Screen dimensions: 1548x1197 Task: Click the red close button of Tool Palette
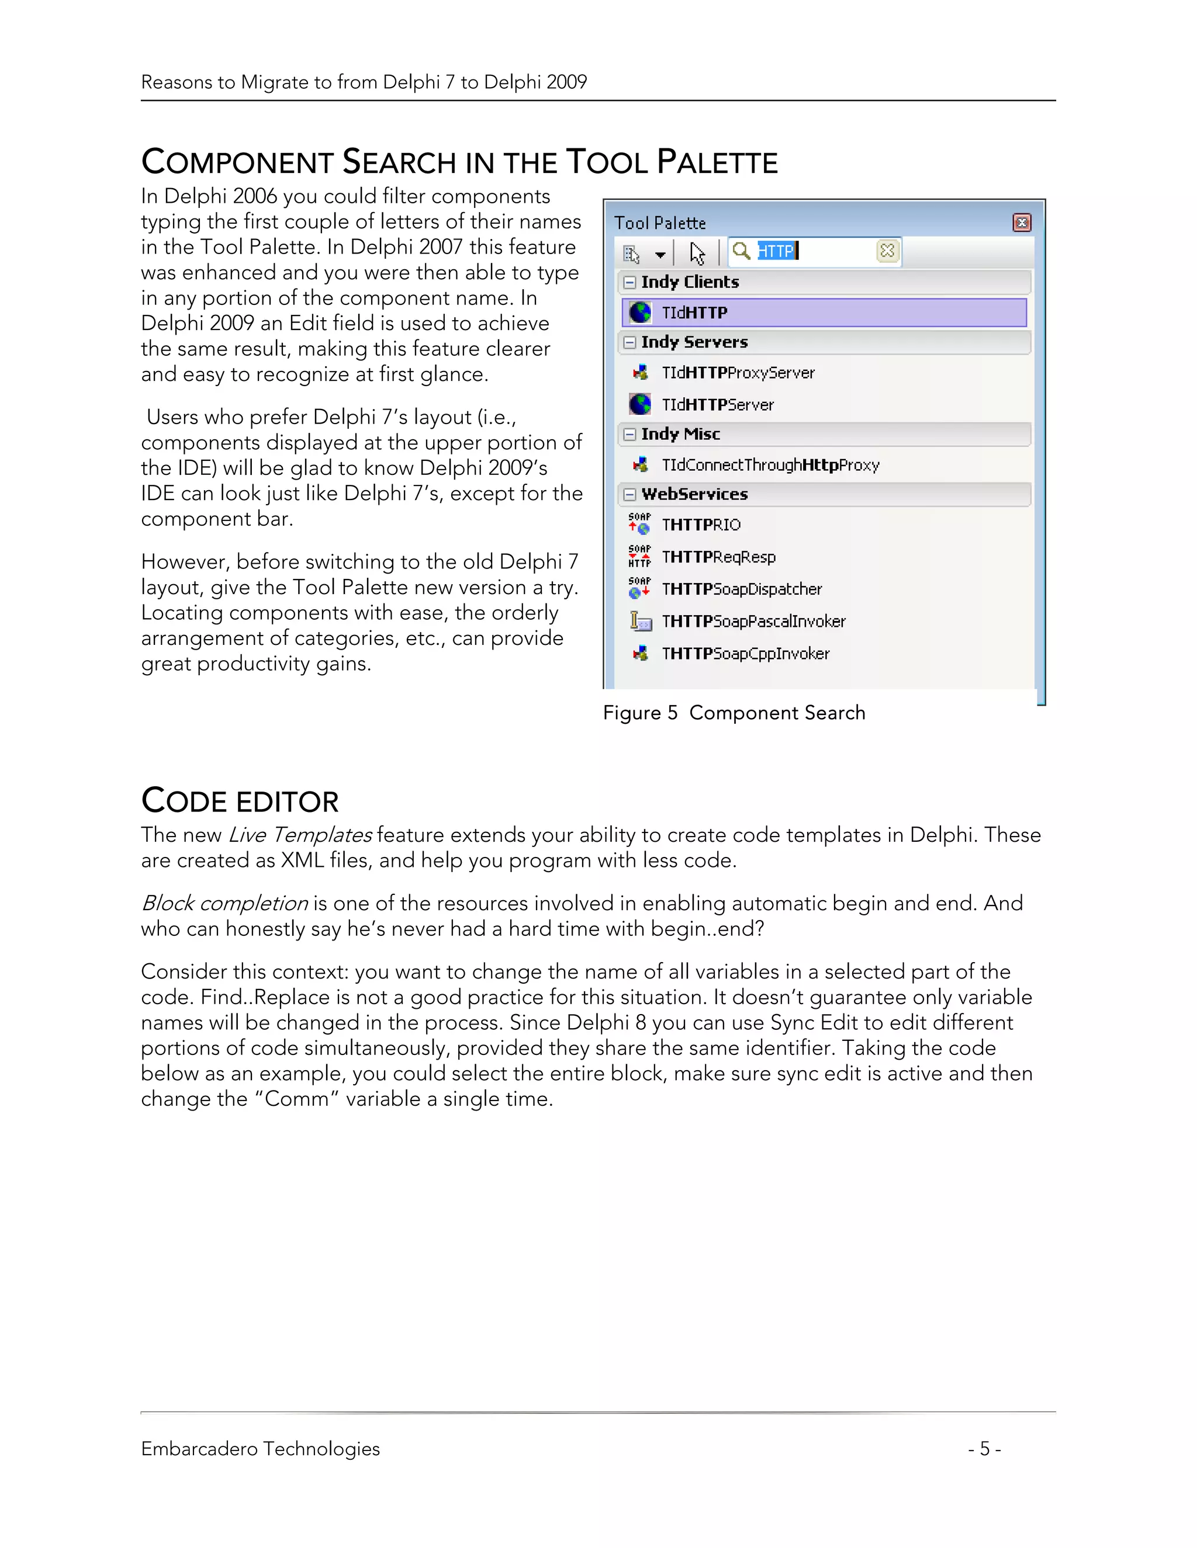1021,223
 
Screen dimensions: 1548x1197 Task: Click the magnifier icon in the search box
741,251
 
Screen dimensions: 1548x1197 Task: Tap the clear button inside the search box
887,251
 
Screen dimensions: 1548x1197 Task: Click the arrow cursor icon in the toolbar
697,253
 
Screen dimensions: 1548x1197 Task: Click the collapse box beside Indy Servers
629,342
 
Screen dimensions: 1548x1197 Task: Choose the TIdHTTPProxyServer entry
738,373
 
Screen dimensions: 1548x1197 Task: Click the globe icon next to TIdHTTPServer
639,404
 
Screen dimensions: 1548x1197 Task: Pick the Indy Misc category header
681,434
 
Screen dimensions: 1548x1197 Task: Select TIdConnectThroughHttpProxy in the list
770,465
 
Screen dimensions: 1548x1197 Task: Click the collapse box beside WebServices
629,495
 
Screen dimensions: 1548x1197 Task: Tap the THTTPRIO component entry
701,525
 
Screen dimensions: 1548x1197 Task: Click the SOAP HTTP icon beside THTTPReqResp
639,556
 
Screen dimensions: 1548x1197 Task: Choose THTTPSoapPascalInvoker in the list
753,622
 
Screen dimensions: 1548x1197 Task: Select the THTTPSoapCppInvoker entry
745,654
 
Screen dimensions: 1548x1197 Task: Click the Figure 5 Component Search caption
734,712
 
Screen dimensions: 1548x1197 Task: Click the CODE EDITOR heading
240,801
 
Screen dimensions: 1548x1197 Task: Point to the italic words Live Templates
300,835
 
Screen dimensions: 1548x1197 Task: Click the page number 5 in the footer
984,1449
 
